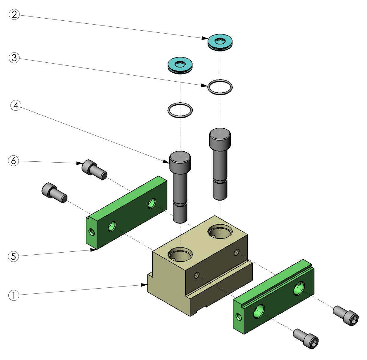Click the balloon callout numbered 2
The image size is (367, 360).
(x=14, y=14)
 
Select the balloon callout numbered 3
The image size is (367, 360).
(x=14, y=58)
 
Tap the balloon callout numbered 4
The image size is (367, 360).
(x=16, y=105)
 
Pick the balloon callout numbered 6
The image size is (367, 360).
(x=13, y=161)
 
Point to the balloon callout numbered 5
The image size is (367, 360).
(x=13, y=256)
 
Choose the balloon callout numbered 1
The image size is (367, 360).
(x=13, y=295)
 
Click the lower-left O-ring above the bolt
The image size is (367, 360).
(x=180, y=110)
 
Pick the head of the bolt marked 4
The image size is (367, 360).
(x=180, y=161)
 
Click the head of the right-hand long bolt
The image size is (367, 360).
(x=220, y=137)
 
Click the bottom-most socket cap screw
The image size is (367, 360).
(x=306, y=338)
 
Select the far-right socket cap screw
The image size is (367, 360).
(x=346, y=316)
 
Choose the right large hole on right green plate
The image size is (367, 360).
(x=298, y=289)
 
